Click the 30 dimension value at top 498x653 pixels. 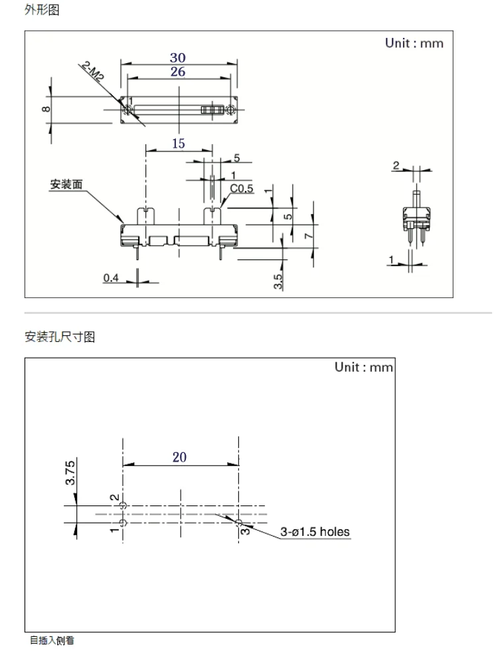click(177, 57)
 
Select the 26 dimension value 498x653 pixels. click(178, 72)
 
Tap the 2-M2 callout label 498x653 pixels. click(92, 71)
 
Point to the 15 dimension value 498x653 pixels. click(179, 144)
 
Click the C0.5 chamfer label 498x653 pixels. click(242, 189)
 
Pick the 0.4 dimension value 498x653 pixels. click(111, 278)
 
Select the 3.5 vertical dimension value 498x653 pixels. click(278, 281)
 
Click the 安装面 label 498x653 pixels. click(66, 184)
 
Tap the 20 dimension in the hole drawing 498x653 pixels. click(179, 457)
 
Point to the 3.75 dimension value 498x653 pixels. click(70, 473)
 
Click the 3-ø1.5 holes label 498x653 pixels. click(315, 532)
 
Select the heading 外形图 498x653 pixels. click(42, 9)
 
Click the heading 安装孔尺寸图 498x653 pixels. click(60, 336)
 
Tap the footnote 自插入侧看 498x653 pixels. click(52, 640)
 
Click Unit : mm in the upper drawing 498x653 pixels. click(414, 43)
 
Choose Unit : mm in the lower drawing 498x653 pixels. click(364, 367)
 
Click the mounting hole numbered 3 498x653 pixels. click(238, 523)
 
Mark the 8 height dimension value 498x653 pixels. click(46, 109)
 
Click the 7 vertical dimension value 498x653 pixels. click(308, 236)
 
